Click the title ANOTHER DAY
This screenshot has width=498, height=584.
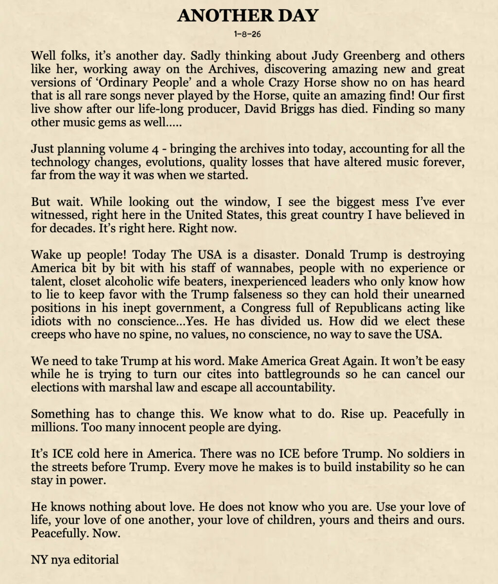coord(248,16)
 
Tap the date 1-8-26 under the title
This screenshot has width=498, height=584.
coord(249,35)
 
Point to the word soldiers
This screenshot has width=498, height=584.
coord(413,454)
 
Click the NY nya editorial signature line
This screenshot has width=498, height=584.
coord(74,559)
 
